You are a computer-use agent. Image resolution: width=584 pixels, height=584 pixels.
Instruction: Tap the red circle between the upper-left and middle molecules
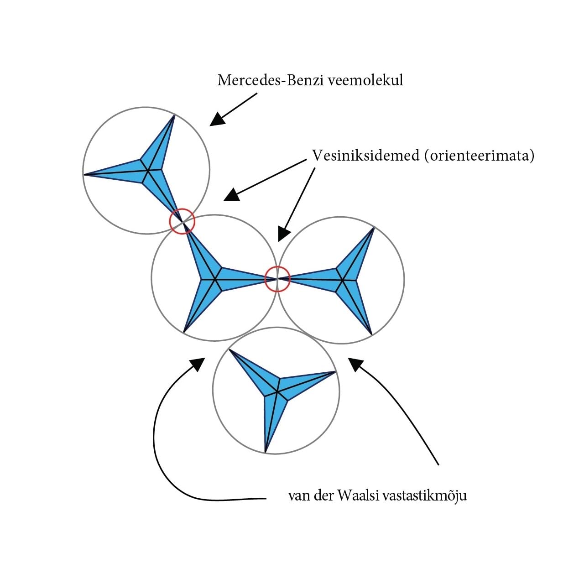pyautogui.click(x=182, y=221)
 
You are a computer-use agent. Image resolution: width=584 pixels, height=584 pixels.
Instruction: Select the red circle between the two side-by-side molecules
pyautogui.click(x=277, y=279)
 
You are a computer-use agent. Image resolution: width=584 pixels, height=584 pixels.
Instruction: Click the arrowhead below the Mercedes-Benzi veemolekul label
pyautogui.click(x=218, y=119)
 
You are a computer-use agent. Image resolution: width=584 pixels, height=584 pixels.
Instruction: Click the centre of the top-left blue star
pyautogui.click(x=147, y=171)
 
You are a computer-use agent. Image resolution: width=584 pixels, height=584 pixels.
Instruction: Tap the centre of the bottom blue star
pyautogui.click(x=277, y=391)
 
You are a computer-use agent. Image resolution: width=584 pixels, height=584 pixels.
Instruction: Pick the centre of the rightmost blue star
pyautogui.click(x=341, y=279)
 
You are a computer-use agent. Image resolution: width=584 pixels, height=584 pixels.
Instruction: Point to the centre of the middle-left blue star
pyautogui.click(x=214, y=279)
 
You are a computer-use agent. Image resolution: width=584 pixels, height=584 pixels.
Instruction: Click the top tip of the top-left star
pyautogui.click(x=174, y=115)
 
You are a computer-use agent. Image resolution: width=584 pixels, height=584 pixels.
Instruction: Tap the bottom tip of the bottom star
pyautogui.click(x=266, y=452)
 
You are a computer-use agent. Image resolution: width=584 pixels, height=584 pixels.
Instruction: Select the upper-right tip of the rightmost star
pyautogui.click(x=374, y=228)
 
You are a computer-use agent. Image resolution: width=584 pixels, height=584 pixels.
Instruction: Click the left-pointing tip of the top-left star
pyautogui.click(x=84, y=174)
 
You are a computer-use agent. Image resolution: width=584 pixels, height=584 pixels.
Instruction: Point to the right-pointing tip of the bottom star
pyautogui.click(x=336, y=372)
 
